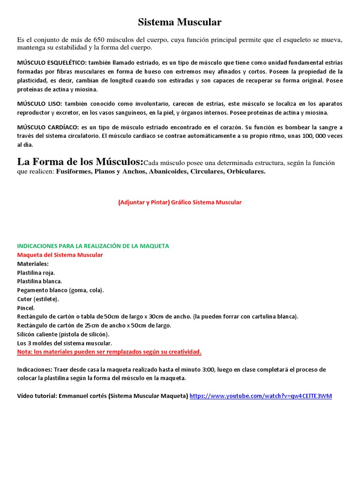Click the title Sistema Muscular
[180, 22]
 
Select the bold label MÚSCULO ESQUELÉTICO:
[52, 62]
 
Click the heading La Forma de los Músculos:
[80, 162]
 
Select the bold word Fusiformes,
[74, 172]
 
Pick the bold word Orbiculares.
[246, 172]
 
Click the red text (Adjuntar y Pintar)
[143, 202]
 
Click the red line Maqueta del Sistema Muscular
[60, 255]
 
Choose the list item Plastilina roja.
[36, 272]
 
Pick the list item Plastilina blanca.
[39, 281]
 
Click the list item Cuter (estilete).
[38, 299]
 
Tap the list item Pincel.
[26, 308]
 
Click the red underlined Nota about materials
[109, 352]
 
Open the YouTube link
[261, 396]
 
